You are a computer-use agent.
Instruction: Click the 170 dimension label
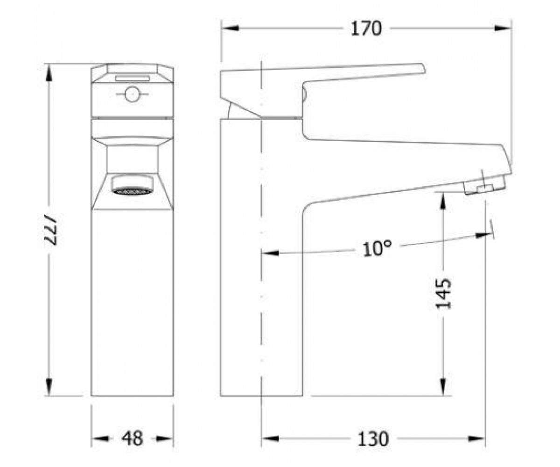coord(366,28)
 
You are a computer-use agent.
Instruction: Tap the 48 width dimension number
coord(132,439)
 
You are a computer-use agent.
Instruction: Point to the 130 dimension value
coord(373,439)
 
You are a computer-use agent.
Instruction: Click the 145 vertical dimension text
coord(443,294)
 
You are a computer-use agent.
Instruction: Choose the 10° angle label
coord(377,248)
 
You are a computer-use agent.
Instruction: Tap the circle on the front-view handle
coord(132,94)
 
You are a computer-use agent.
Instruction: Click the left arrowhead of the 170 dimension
coord(230,28)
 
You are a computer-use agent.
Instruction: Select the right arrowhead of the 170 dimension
coord(503,28)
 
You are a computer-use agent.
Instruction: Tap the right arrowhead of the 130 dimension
coord(476,439)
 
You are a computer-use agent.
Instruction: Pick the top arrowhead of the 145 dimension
coord(443,201)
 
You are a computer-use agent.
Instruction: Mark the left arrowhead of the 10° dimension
coord(270,253)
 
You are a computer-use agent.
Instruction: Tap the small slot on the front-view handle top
coord(132,78)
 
